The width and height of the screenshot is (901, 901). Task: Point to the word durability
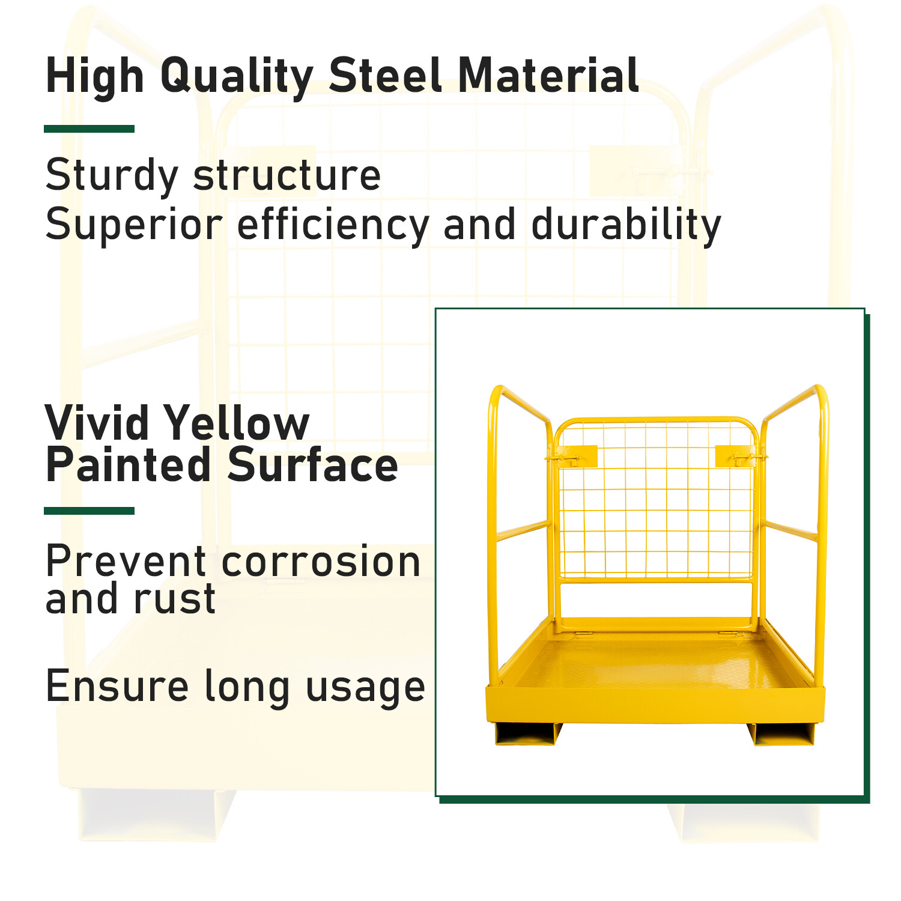626,225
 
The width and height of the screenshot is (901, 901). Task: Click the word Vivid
97,423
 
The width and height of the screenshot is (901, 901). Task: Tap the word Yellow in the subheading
238,423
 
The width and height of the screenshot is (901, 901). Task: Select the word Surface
313,466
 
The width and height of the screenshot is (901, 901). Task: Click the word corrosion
321,562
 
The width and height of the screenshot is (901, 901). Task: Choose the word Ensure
118,686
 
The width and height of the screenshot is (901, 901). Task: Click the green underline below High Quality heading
89,129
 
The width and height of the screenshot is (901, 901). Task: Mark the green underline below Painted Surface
89,511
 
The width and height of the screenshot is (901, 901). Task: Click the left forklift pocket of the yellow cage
527,733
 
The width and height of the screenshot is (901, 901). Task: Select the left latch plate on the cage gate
576,456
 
